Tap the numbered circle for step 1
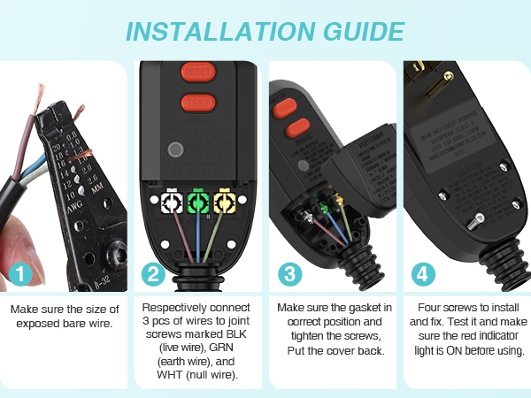click(x=18, y=274)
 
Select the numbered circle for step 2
click(x=154, y=274)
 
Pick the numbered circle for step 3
click(x=289, y=274)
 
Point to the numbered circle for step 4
click(x=424, y=274)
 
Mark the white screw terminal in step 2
click(x=168, y=204)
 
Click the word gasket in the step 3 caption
click(x=360, y=307)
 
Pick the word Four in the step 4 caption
click(x=430, y=307)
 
